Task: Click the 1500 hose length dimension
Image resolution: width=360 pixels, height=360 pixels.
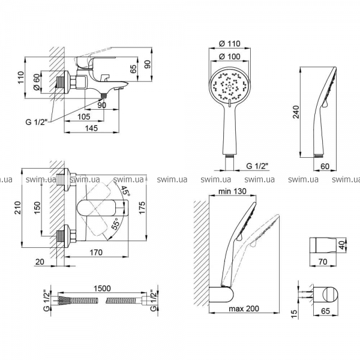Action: (x=102, y=288)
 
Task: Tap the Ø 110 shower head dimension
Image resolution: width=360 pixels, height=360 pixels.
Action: (x=229, y=43)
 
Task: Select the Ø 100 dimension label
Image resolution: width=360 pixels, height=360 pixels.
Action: (x=229, y=56)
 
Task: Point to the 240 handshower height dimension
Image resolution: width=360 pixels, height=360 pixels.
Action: (x=296, y=112)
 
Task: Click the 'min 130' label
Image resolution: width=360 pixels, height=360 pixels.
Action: (x=232, y=191)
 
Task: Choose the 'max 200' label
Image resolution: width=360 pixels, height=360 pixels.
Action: (x=244, y=308)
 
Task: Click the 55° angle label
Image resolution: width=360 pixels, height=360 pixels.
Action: (x=115, y=224)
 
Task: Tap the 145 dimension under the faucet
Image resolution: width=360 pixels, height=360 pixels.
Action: (x=91, y=128)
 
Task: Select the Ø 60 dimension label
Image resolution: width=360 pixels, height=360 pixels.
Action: (x=37, y=82)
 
